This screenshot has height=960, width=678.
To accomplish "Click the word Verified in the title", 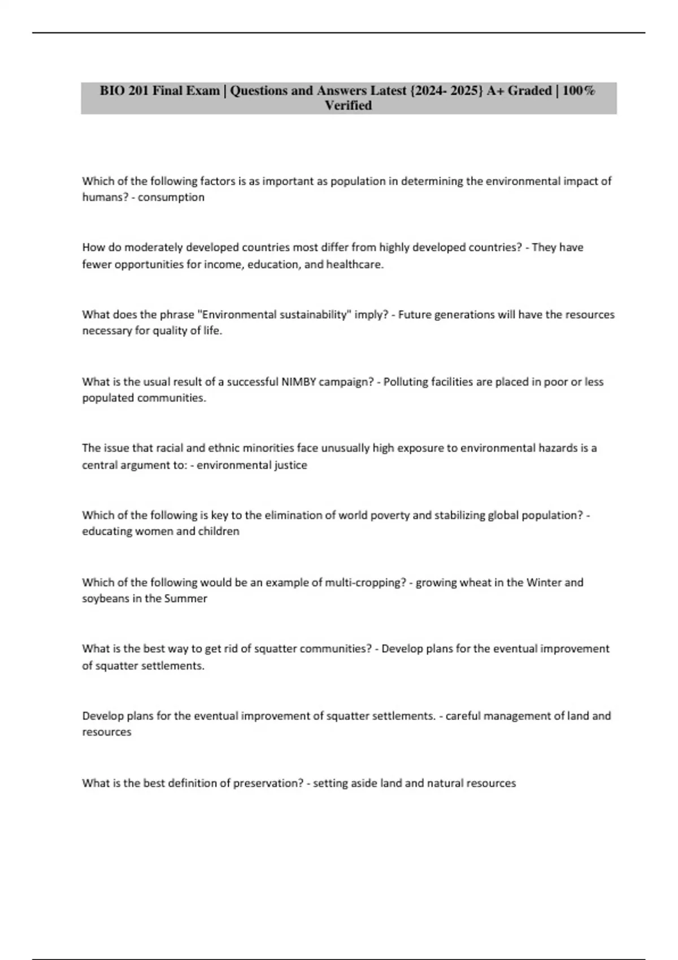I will point(348,106).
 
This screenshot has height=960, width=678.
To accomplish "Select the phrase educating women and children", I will point(160,531).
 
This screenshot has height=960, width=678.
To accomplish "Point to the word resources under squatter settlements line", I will point(107,732).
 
